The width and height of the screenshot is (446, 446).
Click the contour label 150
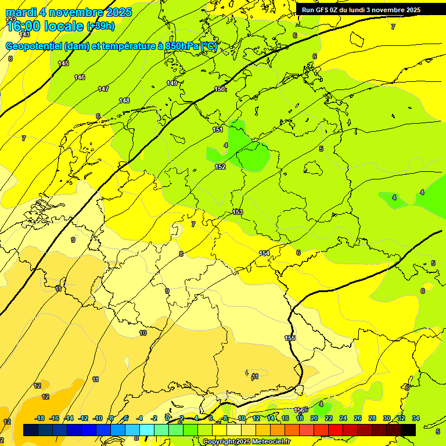click(220, 89)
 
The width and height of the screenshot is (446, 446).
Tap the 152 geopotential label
click(220, 167)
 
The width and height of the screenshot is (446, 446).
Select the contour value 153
click(238, 212)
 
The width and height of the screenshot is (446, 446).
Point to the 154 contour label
click(264, 253)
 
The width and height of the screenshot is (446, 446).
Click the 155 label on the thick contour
click(290, 338)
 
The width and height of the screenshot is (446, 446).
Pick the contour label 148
click(124, 100)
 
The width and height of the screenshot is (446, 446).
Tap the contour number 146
click(80, 77)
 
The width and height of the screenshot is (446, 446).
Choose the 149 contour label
click(172, 83)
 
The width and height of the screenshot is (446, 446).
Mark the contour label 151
click(218, 130)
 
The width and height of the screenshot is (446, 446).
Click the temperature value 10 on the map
click(143, 333)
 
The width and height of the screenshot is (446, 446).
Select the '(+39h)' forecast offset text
click(100, 26)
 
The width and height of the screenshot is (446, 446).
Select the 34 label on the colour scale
click(415, 418)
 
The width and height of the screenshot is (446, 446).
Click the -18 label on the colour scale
click(40, 418)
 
